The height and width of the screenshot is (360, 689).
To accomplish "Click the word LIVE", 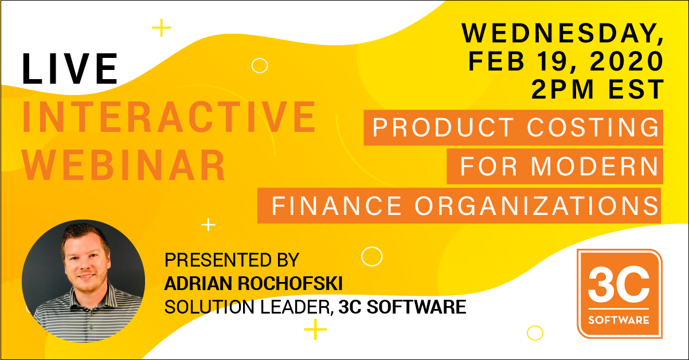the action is (70, 68).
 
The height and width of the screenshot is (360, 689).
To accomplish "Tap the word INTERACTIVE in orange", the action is (169, 117).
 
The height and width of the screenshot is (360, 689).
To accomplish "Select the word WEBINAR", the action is (124, 165).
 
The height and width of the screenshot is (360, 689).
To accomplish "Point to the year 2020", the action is (627, 61).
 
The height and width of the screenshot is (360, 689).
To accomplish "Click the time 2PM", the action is (562, 89).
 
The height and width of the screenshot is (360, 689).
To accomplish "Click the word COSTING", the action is (593, 127).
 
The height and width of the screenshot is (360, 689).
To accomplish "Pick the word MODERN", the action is (594, 166).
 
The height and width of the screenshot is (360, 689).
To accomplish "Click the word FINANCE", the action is (336, 206).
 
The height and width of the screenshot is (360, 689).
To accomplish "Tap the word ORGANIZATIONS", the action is (537, 206).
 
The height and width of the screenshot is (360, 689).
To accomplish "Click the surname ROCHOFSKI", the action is (290, 283).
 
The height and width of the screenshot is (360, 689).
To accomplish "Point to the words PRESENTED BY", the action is (232, 260).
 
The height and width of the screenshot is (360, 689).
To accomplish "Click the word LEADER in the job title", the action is (297, 307).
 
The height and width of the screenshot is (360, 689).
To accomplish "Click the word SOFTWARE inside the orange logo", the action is (619, 320).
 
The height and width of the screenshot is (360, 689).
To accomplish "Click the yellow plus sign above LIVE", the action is (162, 28).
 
